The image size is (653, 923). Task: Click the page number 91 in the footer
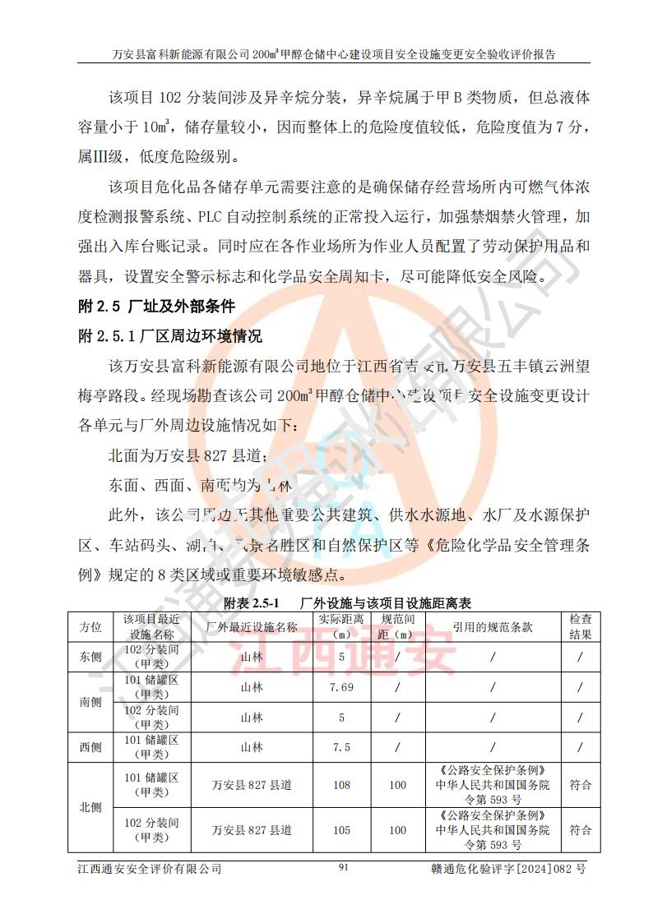(x=344, y=867)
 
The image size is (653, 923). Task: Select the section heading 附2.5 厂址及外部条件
(x=156, y=307)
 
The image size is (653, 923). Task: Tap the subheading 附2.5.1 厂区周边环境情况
(x=169, y=336)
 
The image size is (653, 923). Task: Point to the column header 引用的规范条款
(x=493, y=627)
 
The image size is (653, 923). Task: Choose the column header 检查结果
(x=581, y=627)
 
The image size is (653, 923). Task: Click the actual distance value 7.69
(x=340, y=687)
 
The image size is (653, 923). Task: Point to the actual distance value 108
(x=340, y=785)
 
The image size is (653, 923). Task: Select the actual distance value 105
(x=340, y=830)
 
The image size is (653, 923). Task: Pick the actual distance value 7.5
(x=340, y=747)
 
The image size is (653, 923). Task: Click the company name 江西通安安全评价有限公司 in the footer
(x=149, y=868)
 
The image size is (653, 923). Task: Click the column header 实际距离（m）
(x=340, y=627)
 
